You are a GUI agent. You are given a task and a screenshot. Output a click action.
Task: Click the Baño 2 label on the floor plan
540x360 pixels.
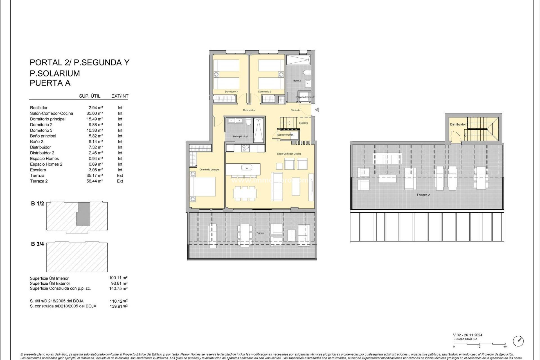coord(297,81)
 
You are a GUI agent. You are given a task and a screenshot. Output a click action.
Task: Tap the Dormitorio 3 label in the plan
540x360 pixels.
coord(231,92)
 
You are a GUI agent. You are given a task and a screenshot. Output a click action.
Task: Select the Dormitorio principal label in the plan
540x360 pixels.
coord(209,170)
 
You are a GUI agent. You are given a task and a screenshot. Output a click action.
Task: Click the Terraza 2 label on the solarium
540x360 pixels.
coord(423,195)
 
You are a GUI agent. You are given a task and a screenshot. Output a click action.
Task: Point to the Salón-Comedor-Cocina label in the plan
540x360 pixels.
coord(289,154)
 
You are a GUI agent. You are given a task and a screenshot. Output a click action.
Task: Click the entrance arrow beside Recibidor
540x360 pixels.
coord(317,110)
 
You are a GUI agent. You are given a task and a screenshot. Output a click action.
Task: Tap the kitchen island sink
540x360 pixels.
coord(247,168)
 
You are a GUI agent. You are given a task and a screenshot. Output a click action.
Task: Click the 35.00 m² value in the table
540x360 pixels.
coord(94,113)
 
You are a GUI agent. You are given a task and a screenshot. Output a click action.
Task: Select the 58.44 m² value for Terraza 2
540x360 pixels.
coord(94,181)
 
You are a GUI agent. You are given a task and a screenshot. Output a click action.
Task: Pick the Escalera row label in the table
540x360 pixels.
coord(38,170)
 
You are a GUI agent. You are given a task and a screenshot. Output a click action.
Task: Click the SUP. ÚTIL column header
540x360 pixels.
coord(89,96)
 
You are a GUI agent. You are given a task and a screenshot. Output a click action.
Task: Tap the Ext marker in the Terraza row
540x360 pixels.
coord(120,175)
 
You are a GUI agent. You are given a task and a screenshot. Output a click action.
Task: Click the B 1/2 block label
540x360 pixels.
coord(37,204)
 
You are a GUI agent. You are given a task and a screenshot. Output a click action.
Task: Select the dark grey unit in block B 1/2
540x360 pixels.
coord(84,214)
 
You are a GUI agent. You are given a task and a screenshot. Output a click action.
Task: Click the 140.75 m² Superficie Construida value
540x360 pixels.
coord(118,289)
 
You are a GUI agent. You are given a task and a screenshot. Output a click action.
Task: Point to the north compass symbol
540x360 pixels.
coord(518,341)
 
